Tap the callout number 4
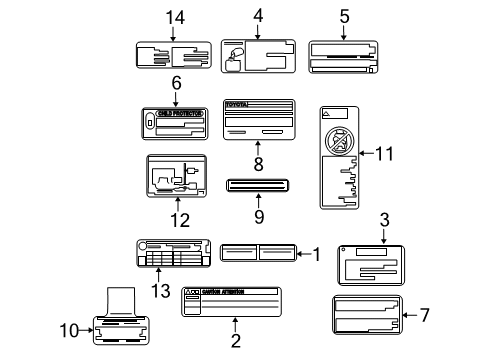[x=258, y=15]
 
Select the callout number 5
[x=344, y=15]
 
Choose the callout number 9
[x=258, y=214]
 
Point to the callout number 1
[x=317, y=254]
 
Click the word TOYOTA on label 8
[x=239, y=104]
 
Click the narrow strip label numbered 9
[x=258, y=185]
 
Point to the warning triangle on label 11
[x=326, y=115]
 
